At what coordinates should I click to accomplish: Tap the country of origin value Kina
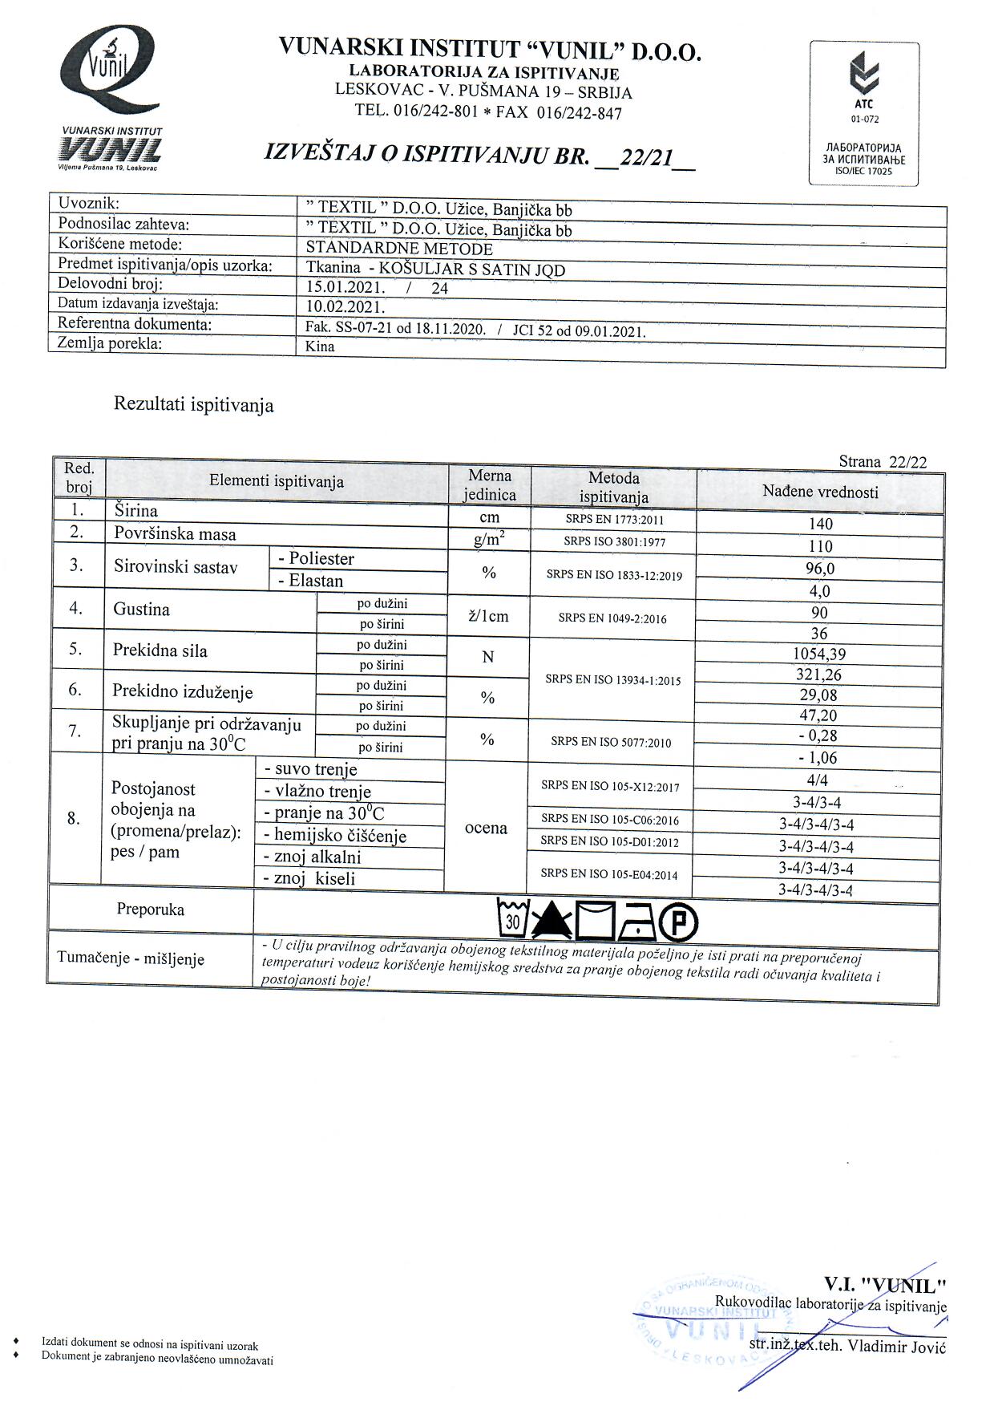[x=321, y=346]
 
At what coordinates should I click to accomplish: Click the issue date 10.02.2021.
[x=345, y=306]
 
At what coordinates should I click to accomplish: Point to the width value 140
[x=821, y=524]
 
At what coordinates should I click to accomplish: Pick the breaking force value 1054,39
[x=819, y=654]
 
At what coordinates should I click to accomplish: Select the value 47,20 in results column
[x=819, y=715]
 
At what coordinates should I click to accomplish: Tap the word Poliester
[x=321, y=558]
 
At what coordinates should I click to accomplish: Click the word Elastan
[x=316, y=581]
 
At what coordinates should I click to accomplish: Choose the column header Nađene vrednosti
[x=820, y=492]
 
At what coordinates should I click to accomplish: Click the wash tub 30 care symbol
[x=512, y=921]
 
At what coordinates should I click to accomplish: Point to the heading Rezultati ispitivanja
[x=194, y=404]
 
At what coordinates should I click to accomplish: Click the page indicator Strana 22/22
[x=883, y=461]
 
